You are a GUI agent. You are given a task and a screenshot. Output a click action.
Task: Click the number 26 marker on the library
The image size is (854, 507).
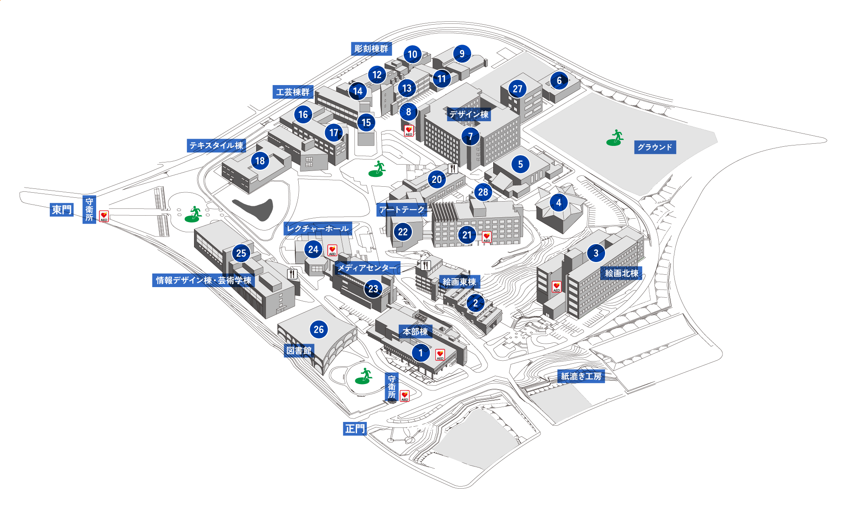coord(319,329)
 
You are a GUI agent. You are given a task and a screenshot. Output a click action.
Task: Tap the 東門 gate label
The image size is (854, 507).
coord(62,210)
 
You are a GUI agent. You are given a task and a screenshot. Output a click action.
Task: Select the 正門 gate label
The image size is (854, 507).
coord(355,429)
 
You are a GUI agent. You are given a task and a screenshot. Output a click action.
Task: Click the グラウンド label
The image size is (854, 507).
coord(654,147)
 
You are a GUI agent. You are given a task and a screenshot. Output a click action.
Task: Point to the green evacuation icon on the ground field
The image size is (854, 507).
coord(615,138)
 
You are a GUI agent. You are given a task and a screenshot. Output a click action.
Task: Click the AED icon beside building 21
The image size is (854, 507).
coord(487,237)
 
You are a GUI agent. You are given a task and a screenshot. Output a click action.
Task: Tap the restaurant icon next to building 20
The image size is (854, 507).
coord(453,169)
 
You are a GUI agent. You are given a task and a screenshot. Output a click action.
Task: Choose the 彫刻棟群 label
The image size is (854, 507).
coord(371,49)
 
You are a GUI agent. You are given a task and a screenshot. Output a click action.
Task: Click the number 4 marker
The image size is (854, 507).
coord(559,203)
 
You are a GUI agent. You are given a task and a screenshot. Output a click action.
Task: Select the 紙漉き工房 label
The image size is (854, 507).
coord(581,376)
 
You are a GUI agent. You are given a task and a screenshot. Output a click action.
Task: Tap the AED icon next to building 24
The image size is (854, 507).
coord(332,250)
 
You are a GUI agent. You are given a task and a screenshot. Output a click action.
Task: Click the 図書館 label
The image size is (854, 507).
coord(299,350)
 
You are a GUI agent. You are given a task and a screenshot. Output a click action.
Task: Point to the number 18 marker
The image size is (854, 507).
coord(260,161)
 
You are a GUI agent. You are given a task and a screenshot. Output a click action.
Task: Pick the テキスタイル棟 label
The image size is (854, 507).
coord(216,145)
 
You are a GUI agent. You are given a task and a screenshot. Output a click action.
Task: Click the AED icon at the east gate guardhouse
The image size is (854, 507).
coord(104,216)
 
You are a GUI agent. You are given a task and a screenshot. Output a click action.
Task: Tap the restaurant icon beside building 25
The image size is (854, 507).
coord(292,274)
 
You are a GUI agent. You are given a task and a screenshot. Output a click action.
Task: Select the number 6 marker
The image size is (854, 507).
coord(559,80)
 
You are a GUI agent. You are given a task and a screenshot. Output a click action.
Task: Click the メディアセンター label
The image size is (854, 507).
coord(367,268)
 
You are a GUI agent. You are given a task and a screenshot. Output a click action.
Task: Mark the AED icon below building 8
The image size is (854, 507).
coord(408,131)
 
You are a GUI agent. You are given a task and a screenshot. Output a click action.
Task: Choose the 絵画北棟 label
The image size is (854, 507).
coord(621,273)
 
